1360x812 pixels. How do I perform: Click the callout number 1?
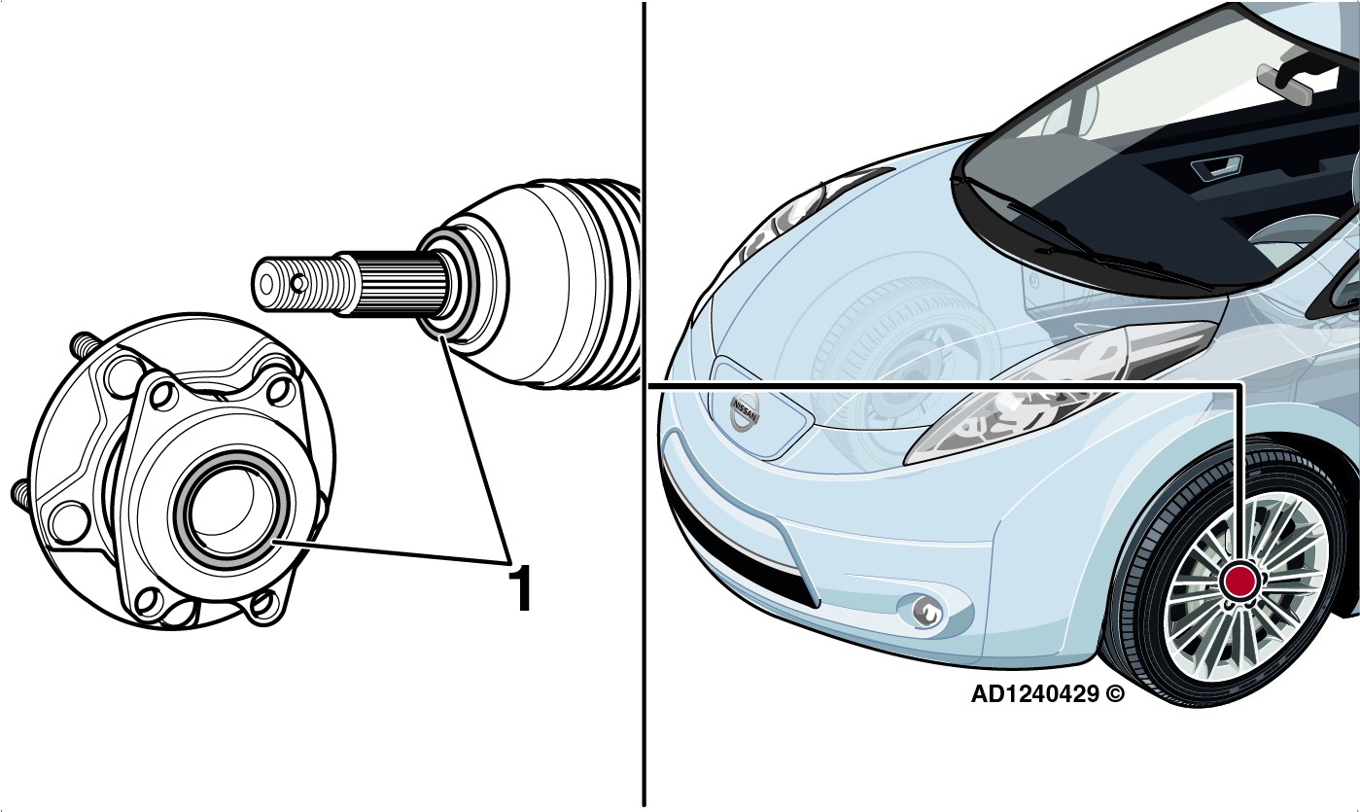point(520,587)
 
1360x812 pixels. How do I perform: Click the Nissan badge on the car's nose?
point(745,410)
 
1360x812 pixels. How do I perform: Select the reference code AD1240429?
point(1034,693)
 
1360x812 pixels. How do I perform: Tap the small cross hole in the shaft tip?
point(297,283)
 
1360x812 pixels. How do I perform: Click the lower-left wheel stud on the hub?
point(24,493)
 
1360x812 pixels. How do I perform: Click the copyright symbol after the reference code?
point(1115,693)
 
